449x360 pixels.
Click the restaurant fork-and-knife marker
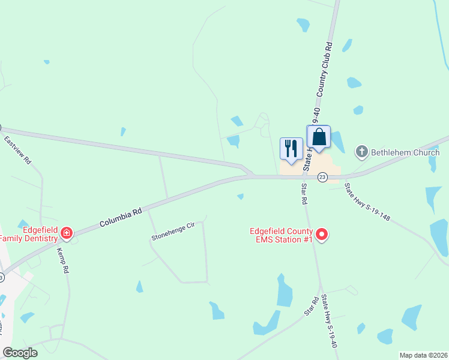coord(292,148)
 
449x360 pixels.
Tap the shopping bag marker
coord(319,137)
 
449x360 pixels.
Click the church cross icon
coord(362,152)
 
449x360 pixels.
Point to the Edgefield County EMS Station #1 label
coord(282,235)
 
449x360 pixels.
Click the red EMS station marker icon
coord(322,234)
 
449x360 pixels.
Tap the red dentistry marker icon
coord(67,233)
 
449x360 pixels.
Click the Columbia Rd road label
coord(121,217)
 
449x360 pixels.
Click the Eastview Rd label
coord(17,150)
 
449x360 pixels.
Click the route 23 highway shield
coord(322,177)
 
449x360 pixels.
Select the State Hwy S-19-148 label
coord(367,202)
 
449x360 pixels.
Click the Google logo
coord(20,352)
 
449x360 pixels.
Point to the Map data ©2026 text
coord(423,355)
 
